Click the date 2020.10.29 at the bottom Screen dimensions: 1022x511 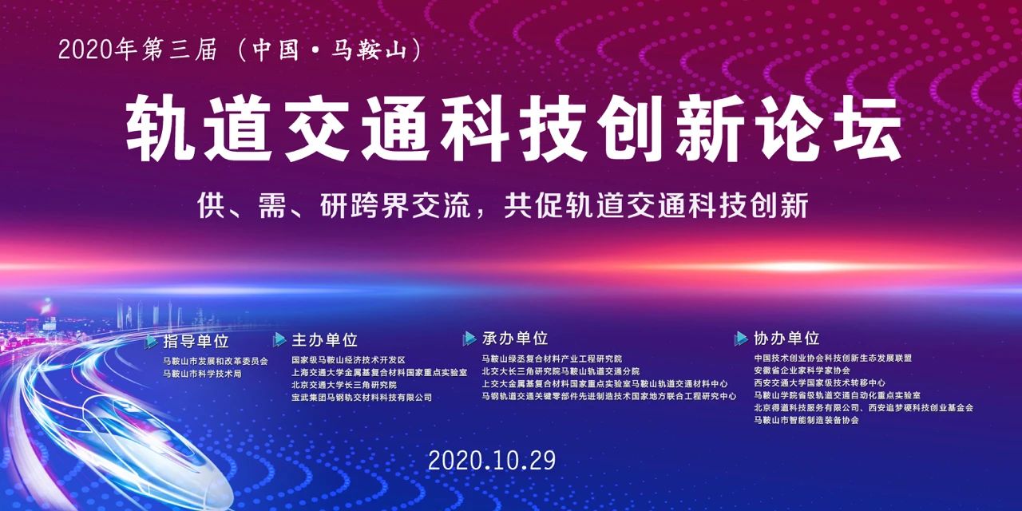[x=492, y=461]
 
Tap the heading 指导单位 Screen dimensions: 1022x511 [x=196, y=341]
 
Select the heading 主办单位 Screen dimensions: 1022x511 [x=325, y=340]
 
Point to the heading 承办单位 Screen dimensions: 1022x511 [x=515, y=339]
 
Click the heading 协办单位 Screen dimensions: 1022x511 [x=786, y=339]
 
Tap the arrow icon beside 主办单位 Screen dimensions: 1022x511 [x=279, y=340]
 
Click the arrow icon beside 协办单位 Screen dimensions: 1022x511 [x=742, y=339]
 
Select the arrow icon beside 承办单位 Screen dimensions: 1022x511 [x=469, y=339]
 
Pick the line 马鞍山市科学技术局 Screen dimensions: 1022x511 [x=203, y=374]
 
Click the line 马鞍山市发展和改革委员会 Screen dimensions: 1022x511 [x=216, y=361]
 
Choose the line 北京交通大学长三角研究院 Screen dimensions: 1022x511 [x=344, y=385]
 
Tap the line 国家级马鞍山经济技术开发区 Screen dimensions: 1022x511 [x=349, y=360]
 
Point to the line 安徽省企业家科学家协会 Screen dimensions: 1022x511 [x=802, y=370]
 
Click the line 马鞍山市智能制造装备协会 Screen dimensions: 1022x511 [x=806, y=420]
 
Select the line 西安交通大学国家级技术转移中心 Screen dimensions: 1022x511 [x=819, y=382]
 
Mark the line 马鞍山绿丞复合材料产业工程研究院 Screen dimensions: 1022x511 [x=552, y=359]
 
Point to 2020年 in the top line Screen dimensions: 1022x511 [x=98, y=50]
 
